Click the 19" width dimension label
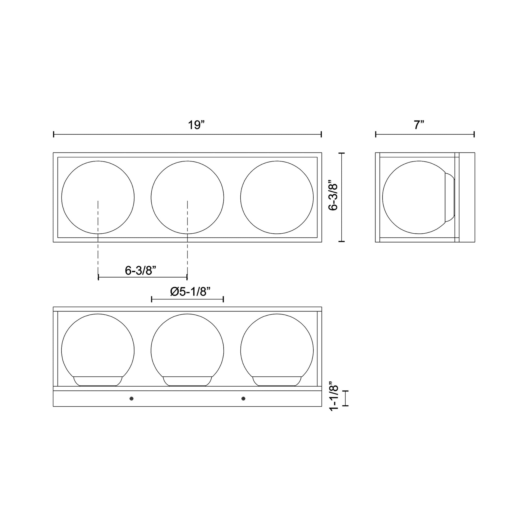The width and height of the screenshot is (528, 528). [x=196, y=125]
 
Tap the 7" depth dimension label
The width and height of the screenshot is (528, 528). [x=418, y=125]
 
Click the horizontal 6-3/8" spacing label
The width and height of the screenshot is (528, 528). [x=141, y=271]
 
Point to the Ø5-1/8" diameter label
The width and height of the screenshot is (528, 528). [x=190, y=292]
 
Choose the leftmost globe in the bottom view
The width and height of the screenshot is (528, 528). [x=98, y=347]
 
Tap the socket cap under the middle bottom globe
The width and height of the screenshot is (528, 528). [x=187, y=381]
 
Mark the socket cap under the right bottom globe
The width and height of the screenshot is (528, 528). [x=277, y=381]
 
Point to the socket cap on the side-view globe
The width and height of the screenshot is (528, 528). [x=450, y=197]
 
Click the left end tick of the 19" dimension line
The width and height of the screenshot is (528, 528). [x=53, y=134]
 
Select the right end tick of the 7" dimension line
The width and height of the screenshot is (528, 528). [x=474, y=134]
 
